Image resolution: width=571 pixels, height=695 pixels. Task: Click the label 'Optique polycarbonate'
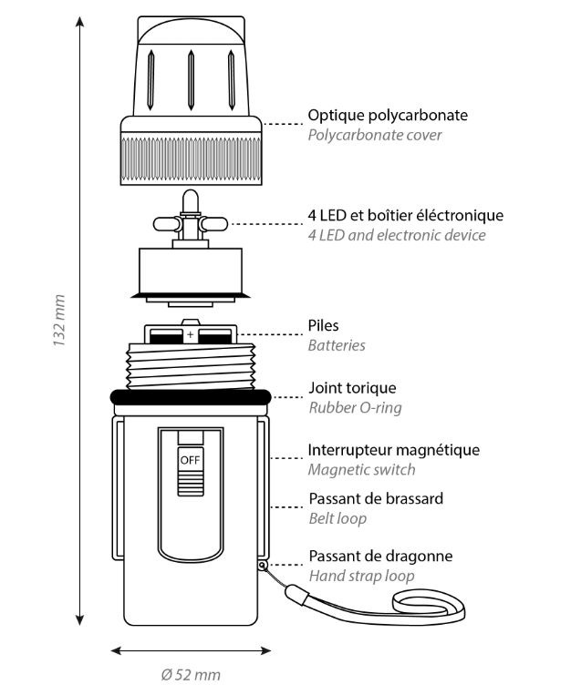pyautogui.click(x=388, y=116)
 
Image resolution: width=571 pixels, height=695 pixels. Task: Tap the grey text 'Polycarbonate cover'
pyautogui.click(x=375, y=136)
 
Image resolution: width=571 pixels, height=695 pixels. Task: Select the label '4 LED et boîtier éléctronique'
pyautogui.click(x=405, y=216)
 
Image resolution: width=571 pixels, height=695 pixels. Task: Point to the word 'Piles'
pyautogui.click(x=324, y=325)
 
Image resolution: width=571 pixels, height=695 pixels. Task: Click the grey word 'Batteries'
pyautogui.click(x=337, y=345)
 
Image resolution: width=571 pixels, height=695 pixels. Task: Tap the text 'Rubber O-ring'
pyautogui.click(x=355, y=407)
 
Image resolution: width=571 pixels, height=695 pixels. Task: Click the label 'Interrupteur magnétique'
pyautogui.click(x=393, y=450)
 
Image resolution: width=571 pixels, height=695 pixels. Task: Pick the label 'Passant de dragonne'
pyautogui.click(x=380, y=556)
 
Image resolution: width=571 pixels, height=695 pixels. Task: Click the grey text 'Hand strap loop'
pyautogui.click(x=360, y=576)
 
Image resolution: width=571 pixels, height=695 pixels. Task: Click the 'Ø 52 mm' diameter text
pyautogui.click(x=191, y=675)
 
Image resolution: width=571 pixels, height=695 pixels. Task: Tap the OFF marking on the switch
pyautogui.click(x=189, y=460)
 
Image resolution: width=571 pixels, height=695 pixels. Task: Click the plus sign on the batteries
pyautogui.click(x=190, y=336)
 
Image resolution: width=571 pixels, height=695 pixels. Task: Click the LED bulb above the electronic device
pyautogui.click(x=190, y=199)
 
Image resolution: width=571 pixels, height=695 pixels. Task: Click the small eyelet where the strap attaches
pyautogui.click(x=263, y=565)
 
